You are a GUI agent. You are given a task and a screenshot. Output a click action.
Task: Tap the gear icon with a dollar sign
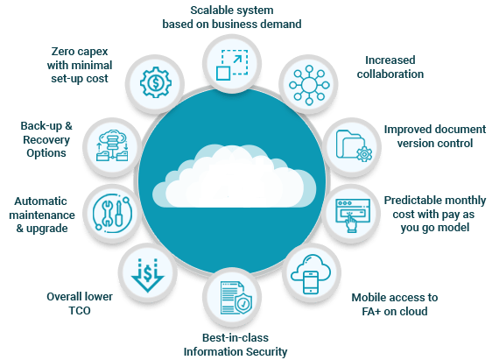pos(155,82)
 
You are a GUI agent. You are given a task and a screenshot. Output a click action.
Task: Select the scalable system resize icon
pos(232,64)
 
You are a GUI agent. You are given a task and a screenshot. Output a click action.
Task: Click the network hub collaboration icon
pos(309,85)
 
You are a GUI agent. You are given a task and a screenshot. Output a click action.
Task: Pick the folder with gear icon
pos(354,146)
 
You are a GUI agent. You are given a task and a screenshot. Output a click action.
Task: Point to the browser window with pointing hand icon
pos(353,215)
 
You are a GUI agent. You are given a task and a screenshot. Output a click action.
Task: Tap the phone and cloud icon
pos(310,274)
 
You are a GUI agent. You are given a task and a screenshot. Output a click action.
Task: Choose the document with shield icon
pos(235,298)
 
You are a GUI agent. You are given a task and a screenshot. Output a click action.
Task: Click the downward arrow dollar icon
pos(147,275)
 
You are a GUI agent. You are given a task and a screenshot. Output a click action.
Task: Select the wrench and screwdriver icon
pos(112,214)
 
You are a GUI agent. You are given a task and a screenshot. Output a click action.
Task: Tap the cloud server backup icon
pos(112,145)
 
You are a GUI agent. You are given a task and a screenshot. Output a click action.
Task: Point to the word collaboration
pos(390,74)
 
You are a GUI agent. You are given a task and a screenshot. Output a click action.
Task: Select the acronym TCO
pos(80,311)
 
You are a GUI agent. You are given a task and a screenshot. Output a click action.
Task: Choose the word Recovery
pos(46,140)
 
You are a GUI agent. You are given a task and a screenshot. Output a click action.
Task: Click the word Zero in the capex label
pos(63,51)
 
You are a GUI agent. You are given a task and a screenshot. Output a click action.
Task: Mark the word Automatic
pos(40,201)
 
